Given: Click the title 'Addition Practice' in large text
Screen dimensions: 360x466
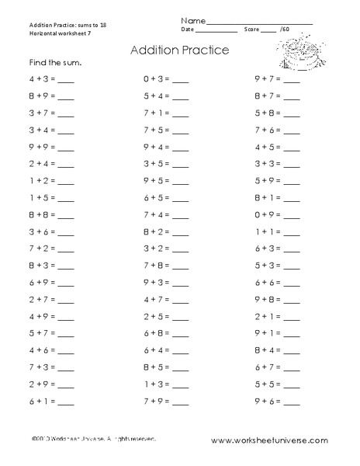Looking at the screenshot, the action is [179, 51].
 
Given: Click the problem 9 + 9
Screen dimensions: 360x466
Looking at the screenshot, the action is [40, 147].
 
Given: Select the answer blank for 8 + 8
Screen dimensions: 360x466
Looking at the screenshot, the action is [66, 214].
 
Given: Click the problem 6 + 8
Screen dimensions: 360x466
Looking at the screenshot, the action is [153, 332].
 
